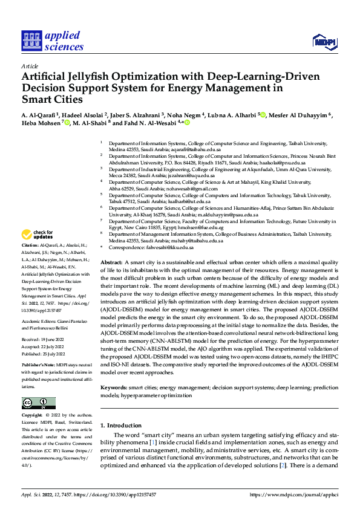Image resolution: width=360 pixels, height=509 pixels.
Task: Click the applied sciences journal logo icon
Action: pyautogui.click(x=31, y=41)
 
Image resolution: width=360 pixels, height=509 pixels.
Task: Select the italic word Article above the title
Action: pyautogui.click(x=30, y=66)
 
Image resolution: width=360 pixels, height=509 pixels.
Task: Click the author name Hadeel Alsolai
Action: pyautogui.click(x=83, y=115)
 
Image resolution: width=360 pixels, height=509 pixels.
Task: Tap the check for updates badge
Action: pyautogui.click(x=38, y=234)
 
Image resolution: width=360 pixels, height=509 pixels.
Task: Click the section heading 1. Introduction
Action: pyautogui.click(x=120, y=425)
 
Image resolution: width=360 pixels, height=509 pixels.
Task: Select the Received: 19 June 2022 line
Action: pyautogui.click(x=42, y=340)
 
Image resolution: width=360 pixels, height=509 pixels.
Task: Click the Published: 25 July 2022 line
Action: pyautogui.click(x=44, y=353)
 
